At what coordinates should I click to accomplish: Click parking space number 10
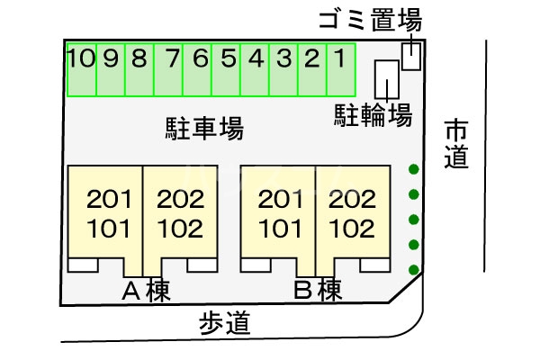(x=81, y=69)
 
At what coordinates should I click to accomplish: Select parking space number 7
(x=168, y=69)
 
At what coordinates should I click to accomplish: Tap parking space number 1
(x=341, y=69)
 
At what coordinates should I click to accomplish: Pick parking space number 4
(x=255, y=69)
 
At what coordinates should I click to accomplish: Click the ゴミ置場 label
(x=370, y=20)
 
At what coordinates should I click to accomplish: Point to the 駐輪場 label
(x=373, y=115)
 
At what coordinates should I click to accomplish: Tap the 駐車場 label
(x=204, y=129)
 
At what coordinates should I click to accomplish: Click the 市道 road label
(x=456, y=144)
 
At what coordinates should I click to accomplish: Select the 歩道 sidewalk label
(x=224, y=324)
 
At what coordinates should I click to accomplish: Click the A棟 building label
(x=147, y=291)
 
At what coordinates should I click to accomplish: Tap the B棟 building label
(x=318, y=291)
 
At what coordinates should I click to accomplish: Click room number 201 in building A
(x=109, y=200)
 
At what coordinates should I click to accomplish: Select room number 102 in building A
(x=180, y=229)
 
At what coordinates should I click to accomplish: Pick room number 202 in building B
(x=352, y=200)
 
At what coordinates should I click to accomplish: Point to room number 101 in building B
(x=281, y=229)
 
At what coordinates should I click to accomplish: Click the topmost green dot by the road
(x=414, y=169)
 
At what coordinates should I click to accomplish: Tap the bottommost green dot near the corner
(x=414, y=270)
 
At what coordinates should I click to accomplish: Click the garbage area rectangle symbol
(x=411, y=56)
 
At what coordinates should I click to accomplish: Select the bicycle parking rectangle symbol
(x=387, y=79)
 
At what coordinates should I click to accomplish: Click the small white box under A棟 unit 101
(x=83, y=265)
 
